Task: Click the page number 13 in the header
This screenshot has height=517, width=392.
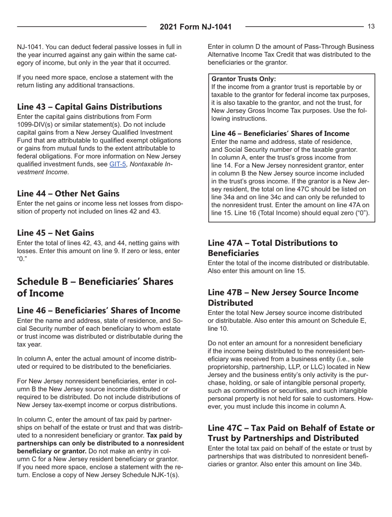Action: point(371,26)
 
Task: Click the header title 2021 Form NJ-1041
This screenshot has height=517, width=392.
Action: point(196,27)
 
